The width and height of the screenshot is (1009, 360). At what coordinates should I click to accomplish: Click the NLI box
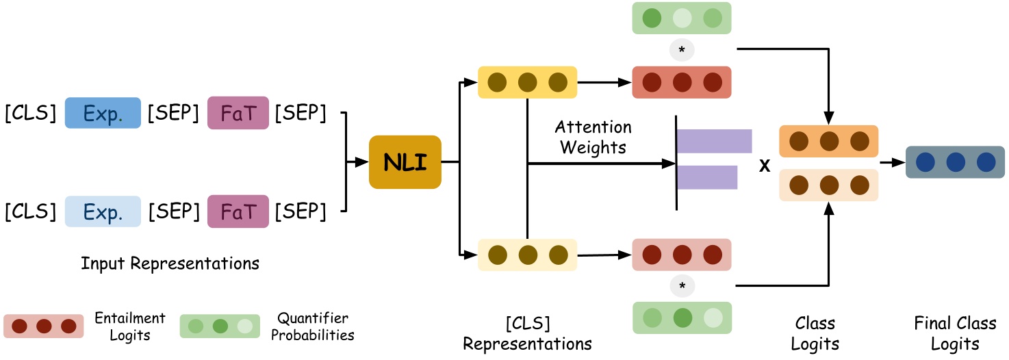pos(405,162)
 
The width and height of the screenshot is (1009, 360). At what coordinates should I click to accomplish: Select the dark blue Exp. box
pos(103,113)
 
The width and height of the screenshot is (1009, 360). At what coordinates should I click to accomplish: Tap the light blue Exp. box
pos(103,211)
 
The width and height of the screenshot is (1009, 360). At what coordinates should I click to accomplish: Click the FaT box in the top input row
pos(238,113)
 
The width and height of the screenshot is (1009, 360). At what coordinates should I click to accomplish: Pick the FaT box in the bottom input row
pos(238,211)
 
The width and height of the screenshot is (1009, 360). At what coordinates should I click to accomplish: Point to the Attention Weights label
pos(593,138)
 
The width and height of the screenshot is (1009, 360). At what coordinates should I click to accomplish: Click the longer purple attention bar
pos(714,140)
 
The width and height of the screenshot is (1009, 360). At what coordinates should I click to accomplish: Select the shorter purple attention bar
pos(706,177)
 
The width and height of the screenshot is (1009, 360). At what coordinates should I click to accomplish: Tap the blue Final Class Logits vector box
pos(955,162)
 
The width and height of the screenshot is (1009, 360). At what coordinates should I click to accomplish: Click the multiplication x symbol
pos(765,165)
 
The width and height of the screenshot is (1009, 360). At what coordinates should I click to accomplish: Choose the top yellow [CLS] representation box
pos(527,83)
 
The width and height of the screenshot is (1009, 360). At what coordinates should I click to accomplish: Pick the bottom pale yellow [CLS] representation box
pos(527,255)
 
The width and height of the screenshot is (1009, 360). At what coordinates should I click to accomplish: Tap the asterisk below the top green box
pos(681,50)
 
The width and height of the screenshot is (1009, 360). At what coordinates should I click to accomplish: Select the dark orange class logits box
pos(828,142)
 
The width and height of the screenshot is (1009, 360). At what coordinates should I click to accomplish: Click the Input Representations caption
pos(170,263)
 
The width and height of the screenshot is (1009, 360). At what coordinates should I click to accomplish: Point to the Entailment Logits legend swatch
pos(43,326)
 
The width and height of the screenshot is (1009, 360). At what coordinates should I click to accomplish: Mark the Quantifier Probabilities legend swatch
pos(220,326)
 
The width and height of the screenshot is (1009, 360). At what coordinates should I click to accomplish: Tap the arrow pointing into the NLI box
pos(358,162)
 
